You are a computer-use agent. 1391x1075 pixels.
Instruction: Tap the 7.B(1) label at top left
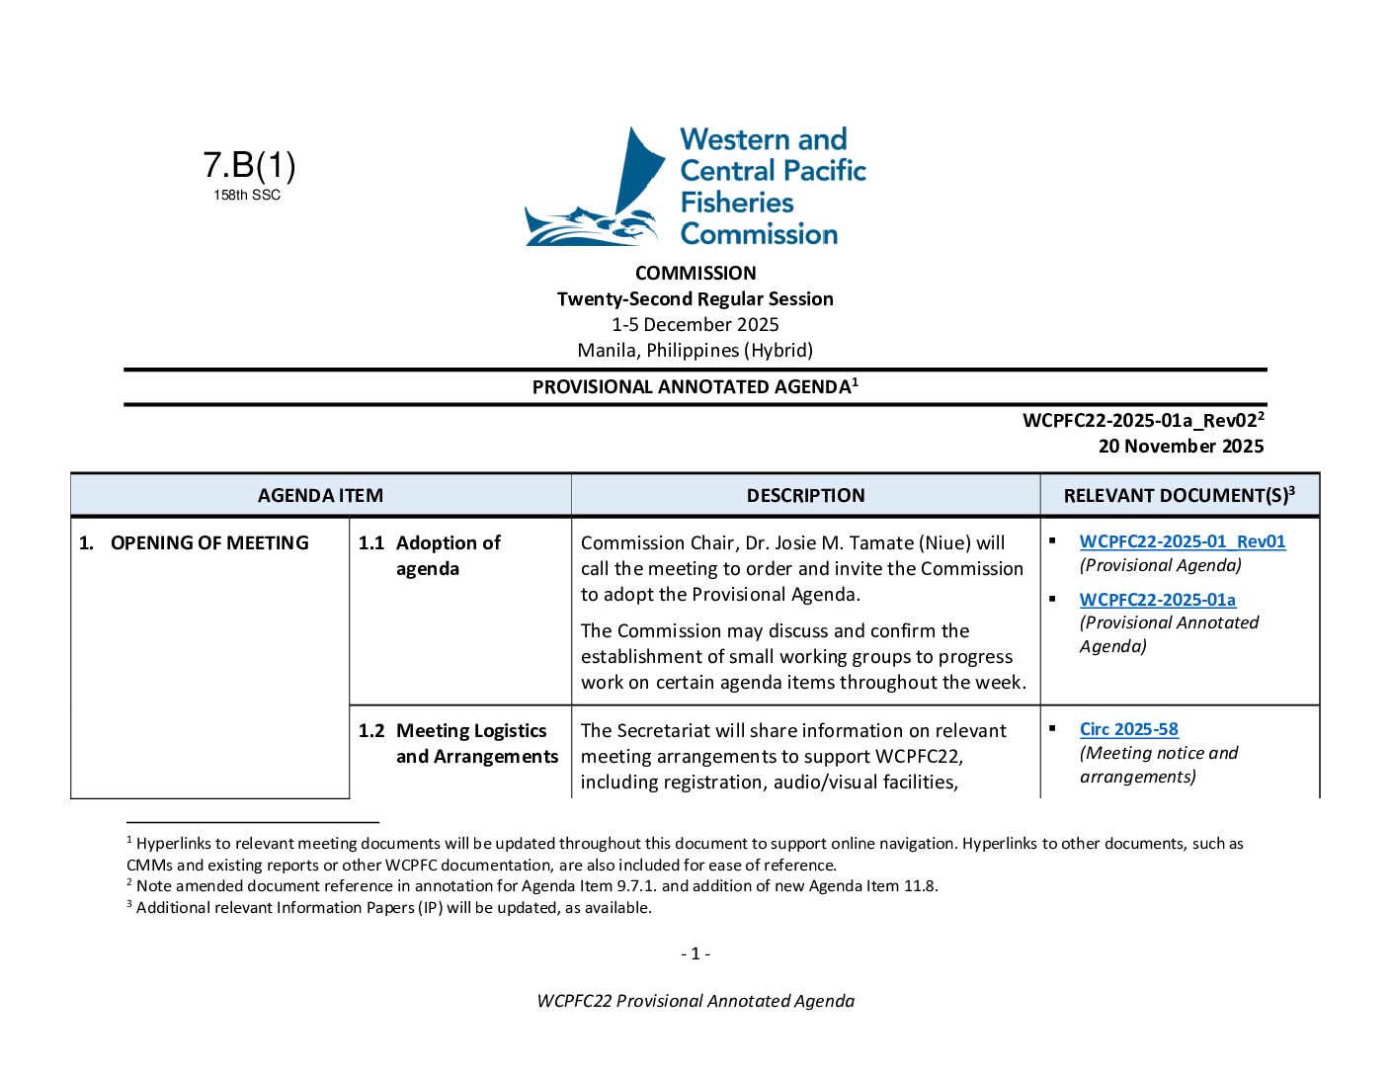pos(249,165)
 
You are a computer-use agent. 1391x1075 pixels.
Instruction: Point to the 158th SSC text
pos(247,196)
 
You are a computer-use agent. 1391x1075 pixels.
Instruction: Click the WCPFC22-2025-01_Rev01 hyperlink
pos(1182,541)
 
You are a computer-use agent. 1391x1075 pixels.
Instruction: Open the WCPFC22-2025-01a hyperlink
pos(1157,600)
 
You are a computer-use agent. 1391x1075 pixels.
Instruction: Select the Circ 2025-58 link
pos(1128,729)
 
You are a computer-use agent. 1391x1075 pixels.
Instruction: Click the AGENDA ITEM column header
pos(320,495)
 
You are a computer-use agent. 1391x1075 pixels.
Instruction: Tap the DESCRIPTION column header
pos(805,495)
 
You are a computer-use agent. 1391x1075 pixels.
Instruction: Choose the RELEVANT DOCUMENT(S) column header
pos(1179,495)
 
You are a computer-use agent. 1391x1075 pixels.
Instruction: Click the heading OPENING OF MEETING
pos(209,542)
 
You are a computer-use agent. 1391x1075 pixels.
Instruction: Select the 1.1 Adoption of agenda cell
pos(448,555)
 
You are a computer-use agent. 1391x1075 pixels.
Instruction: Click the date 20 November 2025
pos(1181,446)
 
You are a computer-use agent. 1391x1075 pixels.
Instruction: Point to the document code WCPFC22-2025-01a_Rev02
pos(1140,420)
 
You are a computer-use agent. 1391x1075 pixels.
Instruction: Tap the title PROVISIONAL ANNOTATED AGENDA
pos(692,386)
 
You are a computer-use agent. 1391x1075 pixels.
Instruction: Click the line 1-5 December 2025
pos(695,324)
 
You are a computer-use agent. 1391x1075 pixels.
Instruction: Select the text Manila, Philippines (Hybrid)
pos(695,350)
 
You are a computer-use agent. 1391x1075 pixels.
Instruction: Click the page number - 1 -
pos(695,953)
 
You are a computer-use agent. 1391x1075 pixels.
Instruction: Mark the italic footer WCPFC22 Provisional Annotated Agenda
pos(695,1000)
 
